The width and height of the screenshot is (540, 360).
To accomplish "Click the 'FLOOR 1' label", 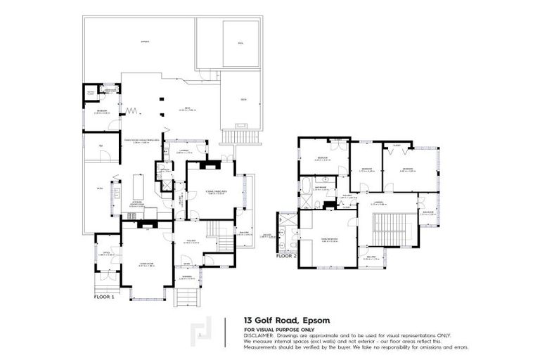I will pos(104,297).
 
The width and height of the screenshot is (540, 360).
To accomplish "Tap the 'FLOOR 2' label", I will pos(285,256).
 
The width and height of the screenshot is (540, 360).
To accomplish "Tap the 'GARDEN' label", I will pos(145,42).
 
